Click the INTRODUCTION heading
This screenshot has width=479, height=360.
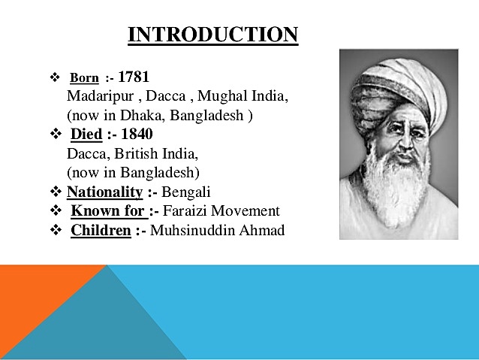pos(213,35)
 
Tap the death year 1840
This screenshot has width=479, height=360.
pos(136,135)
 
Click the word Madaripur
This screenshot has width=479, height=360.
pos(95,97)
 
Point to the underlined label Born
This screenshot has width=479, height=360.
pos(84,79)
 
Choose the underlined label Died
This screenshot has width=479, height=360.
pos(86,135)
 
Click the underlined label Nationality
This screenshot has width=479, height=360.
pos(105,192)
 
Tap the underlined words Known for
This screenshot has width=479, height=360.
pos(103,211)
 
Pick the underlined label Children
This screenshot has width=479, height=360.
pos(101,230)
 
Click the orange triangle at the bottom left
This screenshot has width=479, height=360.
pos(30,301)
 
